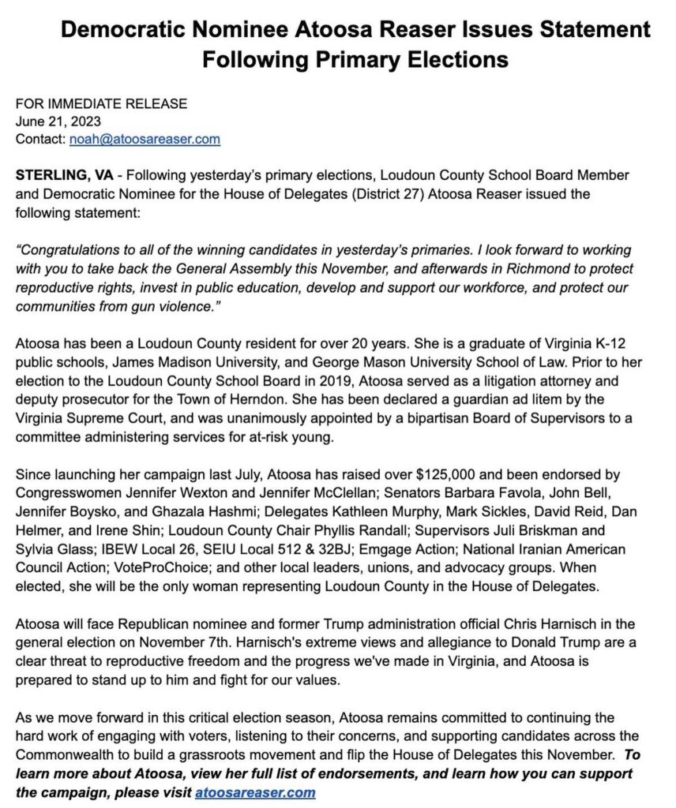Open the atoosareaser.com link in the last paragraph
(255, 792)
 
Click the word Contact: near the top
(39, 140)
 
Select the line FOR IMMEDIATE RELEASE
(101, 103)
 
